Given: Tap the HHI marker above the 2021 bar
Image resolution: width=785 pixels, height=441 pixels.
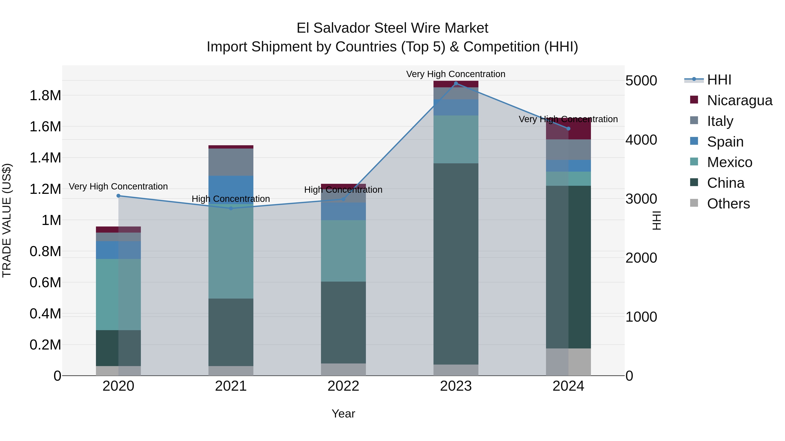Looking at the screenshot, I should (231, 208).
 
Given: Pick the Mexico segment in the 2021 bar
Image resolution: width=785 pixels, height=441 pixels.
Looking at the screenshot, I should (231, 253).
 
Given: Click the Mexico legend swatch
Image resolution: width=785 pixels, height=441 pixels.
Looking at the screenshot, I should (694, 162).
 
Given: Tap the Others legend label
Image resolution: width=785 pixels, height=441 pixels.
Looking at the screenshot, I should (728, 204).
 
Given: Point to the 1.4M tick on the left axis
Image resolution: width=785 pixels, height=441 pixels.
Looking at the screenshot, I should (45, 158).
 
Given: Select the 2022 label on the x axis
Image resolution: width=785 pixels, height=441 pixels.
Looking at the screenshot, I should (343, 386).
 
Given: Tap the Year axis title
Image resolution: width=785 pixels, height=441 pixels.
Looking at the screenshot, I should (343, 414).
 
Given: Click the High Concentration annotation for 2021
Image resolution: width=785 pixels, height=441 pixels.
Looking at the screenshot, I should (231, 199).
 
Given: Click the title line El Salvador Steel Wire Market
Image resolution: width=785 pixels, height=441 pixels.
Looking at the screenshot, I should (392, 28).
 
